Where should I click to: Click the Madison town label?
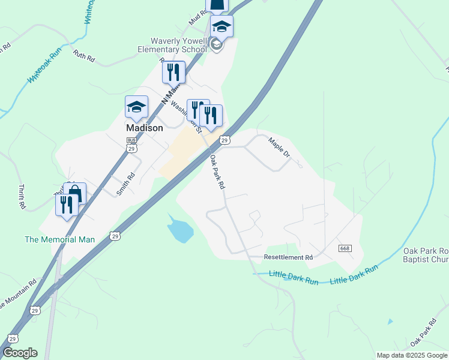point(144,128)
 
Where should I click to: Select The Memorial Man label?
point(59,239)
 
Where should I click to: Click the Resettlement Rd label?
point(289,257)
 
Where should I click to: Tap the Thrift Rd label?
point(22,197)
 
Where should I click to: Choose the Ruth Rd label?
point(84,56)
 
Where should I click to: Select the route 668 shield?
point(344,249)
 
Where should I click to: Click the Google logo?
point(20,353)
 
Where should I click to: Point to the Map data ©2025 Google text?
point(412,355)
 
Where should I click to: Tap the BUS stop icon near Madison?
point(131,140)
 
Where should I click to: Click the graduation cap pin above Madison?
point(136,107)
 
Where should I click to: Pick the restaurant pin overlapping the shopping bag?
point(66,205)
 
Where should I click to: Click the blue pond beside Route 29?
point(180,230)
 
